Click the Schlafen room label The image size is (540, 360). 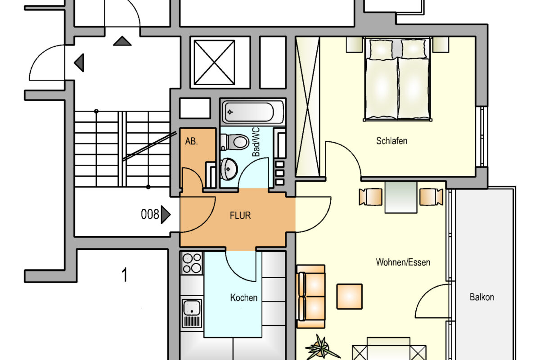pos(392,141)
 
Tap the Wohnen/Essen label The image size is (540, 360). pos(403,262)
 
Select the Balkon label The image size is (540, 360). pos(481,297)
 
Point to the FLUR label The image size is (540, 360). pos(240,215)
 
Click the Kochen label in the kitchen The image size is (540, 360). pos(244,298)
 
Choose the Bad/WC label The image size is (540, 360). pos(256,142)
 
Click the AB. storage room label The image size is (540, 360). pos(191,141)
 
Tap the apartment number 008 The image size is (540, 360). pos(150,214)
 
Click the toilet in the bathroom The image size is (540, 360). pos(234,142)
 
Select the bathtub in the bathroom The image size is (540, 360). pos(253,112)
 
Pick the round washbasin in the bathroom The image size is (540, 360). pos(229,169)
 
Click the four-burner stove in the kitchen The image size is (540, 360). pos(192,263)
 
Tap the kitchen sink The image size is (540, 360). pos(192,313)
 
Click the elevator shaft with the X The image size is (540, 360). pos(214,63)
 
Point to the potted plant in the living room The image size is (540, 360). pos(322,347)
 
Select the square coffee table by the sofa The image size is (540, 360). pos(349,297)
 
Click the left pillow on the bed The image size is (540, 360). pos(382,49)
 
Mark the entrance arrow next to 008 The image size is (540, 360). pos(166,214)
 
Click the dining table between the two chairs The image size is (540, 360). pos(401,197)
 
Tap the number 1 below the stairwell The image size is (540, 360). pos(124,274)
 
